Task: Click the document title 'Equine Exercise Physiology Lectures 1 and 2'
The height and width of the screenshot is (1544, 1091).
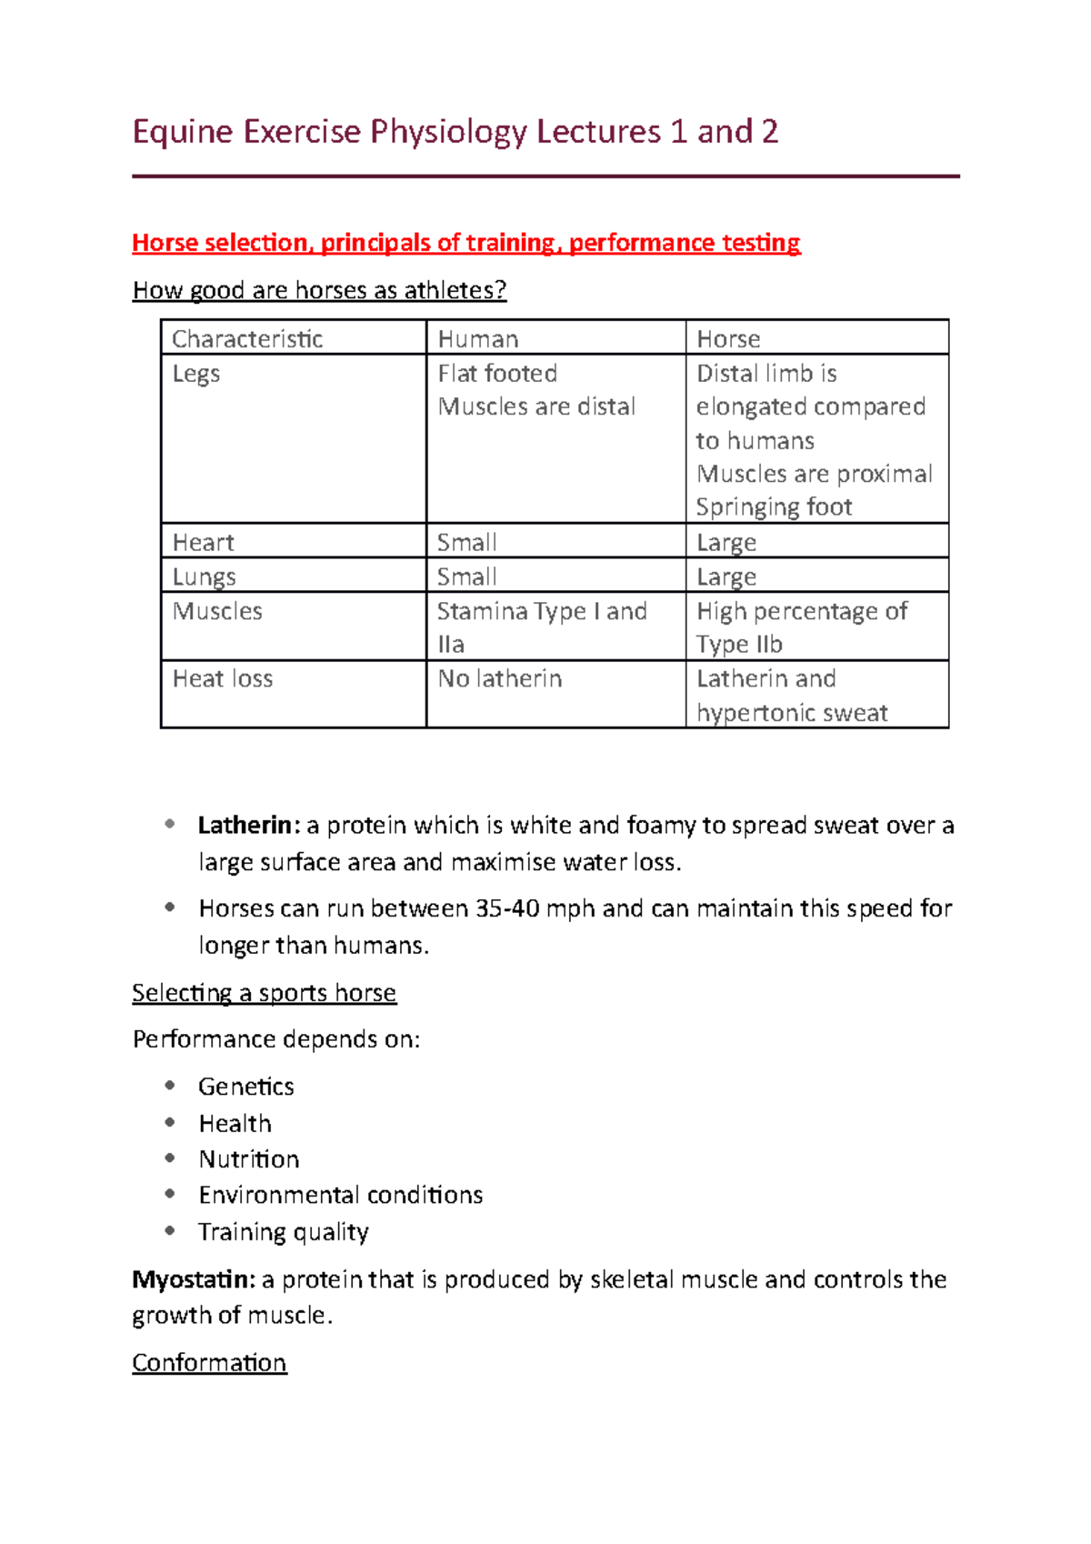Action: tap(455, 133)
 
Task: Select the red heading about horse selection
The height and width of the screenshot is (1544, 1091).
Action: tap(465, 243)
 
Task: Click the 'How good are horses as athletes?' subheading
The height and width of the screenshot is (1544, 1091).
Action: tap(319, 290)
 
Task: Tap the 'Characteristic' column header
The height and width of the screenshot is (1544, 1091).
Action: tap(247, 339)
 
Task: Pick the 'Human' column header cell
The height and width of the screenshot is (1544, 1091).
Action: tap(478, 339)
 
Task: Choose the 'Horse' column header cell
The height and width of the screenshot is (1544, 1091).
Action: tap(728, 339)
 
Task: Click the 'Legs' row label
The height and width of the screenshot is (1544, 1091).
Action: tap(196, 374)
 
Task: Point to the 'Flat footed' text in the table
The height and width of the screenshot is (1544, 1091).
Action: tap(497, 374)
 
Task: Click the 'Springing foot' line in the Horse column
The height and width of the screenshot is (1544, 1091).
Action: tap(774, 507)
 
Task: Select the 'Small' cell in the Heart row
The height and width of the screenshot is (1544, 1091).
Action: tap(466, 543)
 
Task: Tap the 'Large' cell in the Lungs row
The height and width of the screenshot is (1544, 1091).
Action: tap(726, 577)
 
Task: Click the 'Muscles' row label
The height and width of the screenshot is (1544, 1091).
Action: tap(217, 611)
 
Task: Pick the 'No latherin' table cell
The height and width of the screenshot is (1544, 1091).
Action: tap(500, 679)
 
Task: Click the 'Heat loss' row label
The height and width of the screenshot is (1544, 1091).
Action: tap(223, 679)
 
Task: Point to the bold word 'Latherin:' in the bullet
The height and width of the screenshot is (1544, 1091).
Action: tap(248, 826)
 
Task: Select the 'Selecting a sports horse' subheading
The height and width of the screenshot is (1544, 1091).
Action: tap(264, 993)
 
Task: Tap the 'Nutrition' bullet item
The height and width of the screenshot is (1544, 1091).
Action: tap(249, 1159)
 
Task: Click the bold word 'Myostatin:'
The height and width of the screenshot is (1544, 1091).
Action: tap(194, 1280)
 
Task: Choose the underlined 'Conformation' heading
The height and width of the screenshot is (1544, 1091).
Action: tap(209, 1363)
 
